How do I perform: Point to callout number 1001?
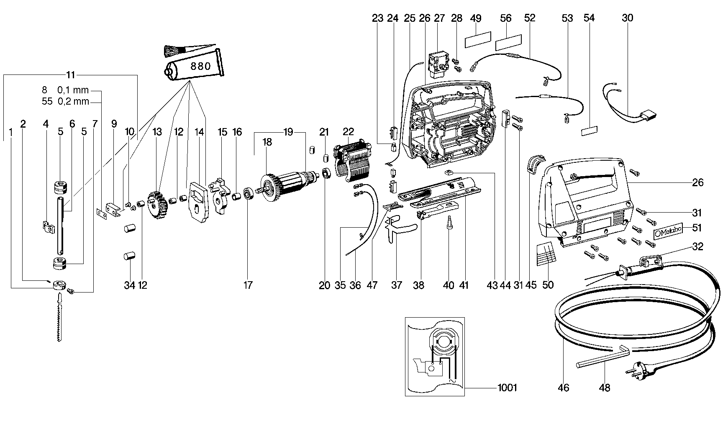pos(507,388)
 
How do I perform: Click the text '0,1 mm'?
pos(73,90)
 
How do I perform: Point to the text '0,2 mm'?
pos(73,101)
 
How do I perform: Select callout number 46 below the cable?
pos(564,388)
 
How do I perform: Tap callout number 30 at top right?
pos(627,18)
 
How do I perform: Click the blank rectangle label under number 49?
pos(477,40)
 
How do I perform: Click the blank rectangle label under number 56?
pos(508,44)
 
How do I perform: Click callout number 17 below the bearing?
pos(248,285)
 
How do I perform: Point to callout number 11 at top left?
pos(70,75)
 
